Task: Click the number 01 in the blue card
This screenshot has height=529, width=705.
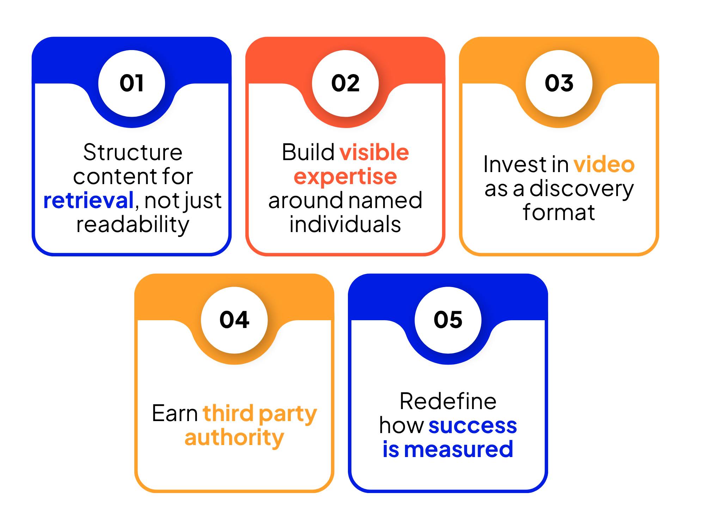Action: (x=131, y=84)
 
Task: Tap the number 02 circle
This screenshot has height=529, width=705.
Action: (x=345, y=84)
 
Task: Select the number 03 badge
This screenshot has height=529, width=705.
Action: (x=559, y=84)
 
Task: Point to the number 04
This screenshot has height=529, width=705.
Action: (x=234, y=320)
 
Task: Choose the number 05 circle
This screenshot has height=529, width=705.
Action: (x=448, y=320)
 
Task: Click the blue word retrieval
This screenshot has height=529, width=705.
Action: (x=88, y=200)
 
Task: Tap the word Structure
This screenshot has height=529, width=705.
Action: (x=133, y=152)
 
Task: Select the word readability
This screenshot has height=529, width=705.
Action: (x=133, y=225)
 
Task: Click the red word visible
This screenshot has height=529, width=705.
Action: (x=374, y=152)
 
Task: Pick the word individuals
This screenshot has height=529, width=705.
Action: (x=345, y=224)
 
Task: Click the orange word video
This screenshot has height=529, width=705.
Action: (x=604, y=164)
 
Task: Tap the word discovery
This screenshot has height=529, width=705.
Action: (x=582, y=189)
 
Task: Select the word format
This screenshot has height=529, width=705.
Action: (x=559, y=212)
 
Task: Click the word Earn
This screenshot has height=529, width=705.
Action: (x=175, y=413)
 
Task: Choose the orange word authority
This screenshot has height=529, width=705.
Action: (x=234, y=438)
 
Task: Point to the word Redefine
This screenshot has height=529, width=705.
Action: (x=448, y=401)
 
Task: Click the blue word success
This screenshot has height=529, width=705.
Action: (x=473, y=426)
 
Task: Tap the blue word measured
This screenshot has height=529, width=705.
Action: (x=459, y=450)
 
